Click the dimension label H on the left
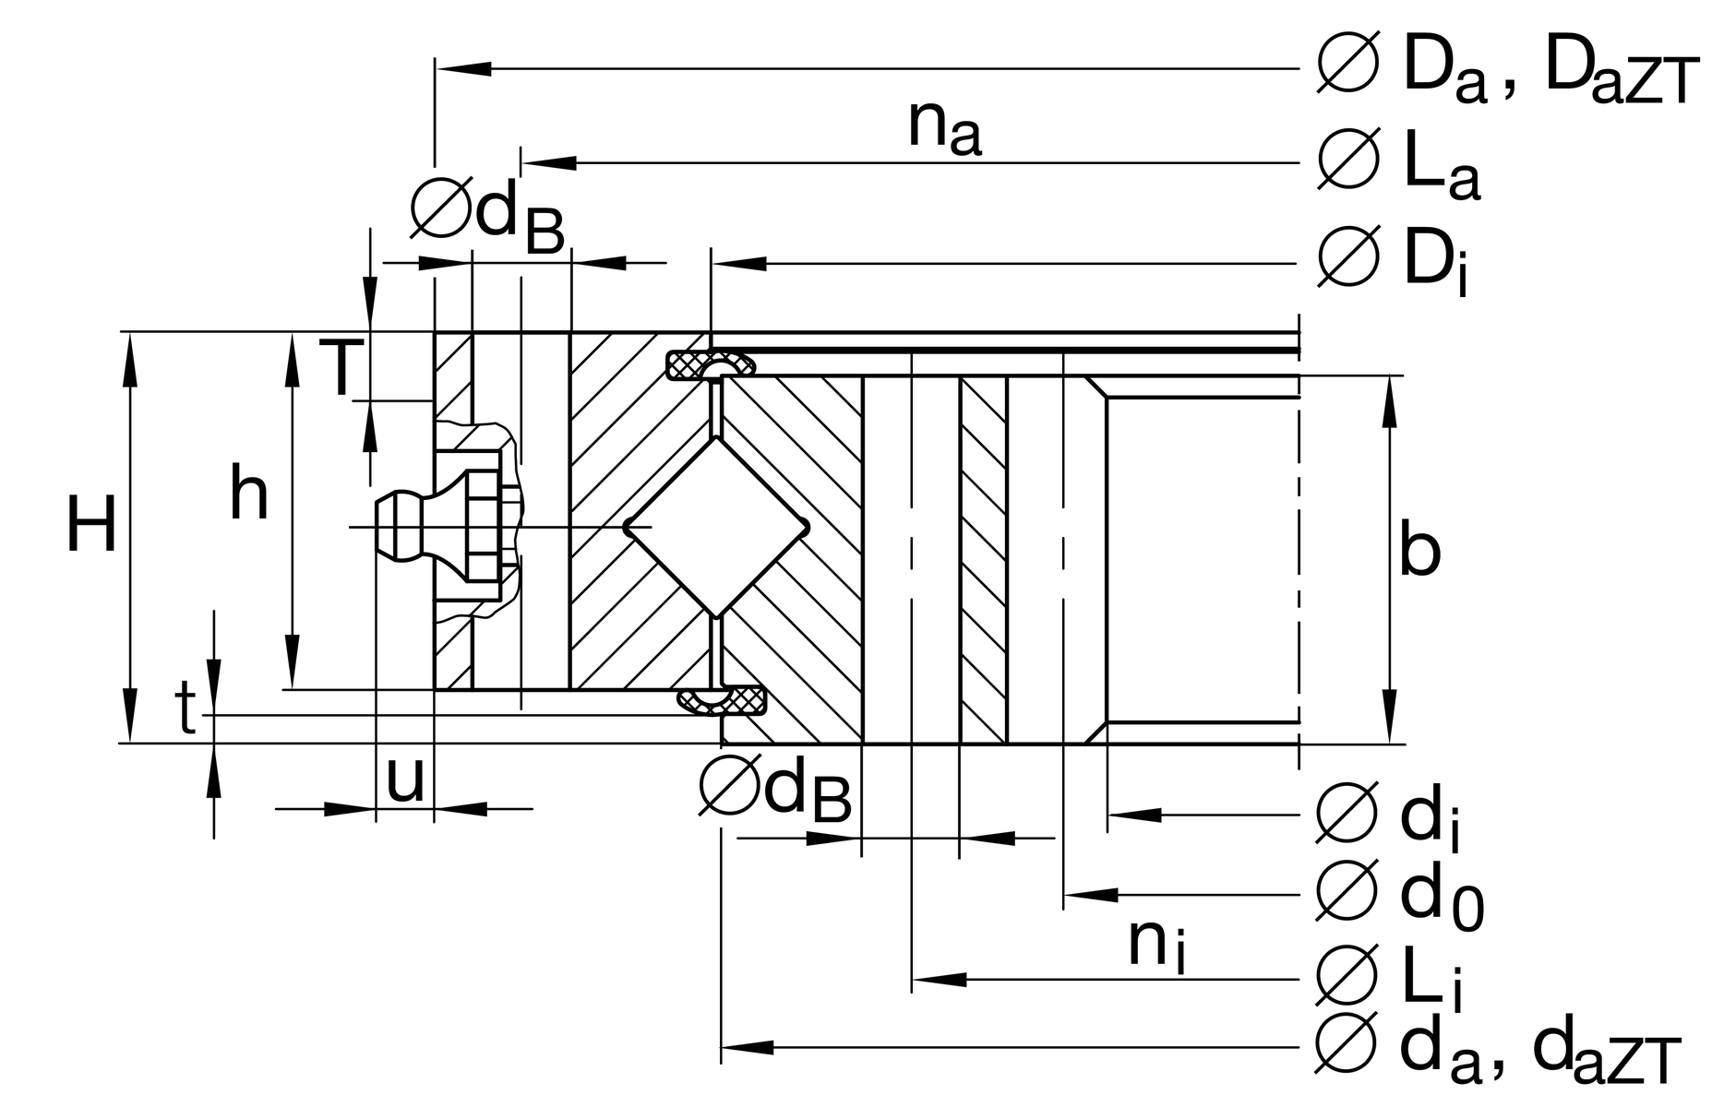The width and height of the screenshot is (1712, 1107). (91, 526)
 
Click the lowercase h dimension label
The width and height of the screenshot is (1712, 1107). (248, 494)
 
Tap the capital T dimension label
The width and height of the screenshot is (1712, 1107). (339, 368)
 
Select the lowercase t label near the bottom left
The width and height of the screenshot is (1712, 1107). (187, 710)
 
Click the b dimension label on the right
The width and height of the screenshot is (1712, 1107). (1419, 551)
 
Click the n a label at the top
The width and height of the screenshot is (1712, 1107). (943, 127)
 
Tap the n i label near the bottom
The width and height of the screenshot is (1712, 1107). (1155, 946)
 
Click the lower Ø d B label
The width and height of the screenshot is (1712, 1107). (775, 789)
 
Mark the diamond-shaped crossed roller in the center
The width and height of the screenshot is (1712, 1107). (717, 527)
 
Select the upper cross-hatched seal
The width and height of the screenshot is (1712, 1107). (709, 365)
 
